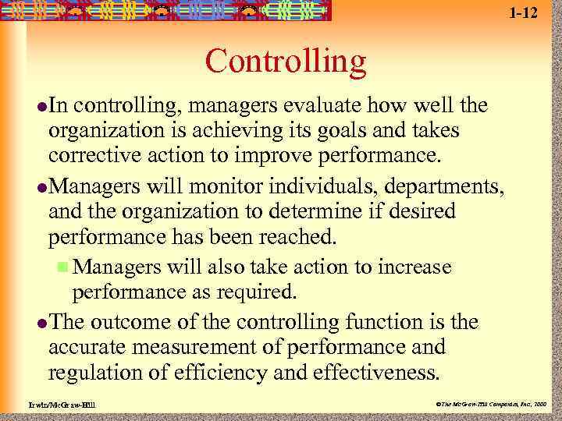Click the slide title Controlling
tap(286, 61)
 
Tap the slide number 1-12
tap(523, 12)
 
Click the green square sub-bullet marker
tap(63, 267)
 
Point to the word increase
tap(414, 267)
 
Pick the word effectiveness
tap(380, 371)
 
